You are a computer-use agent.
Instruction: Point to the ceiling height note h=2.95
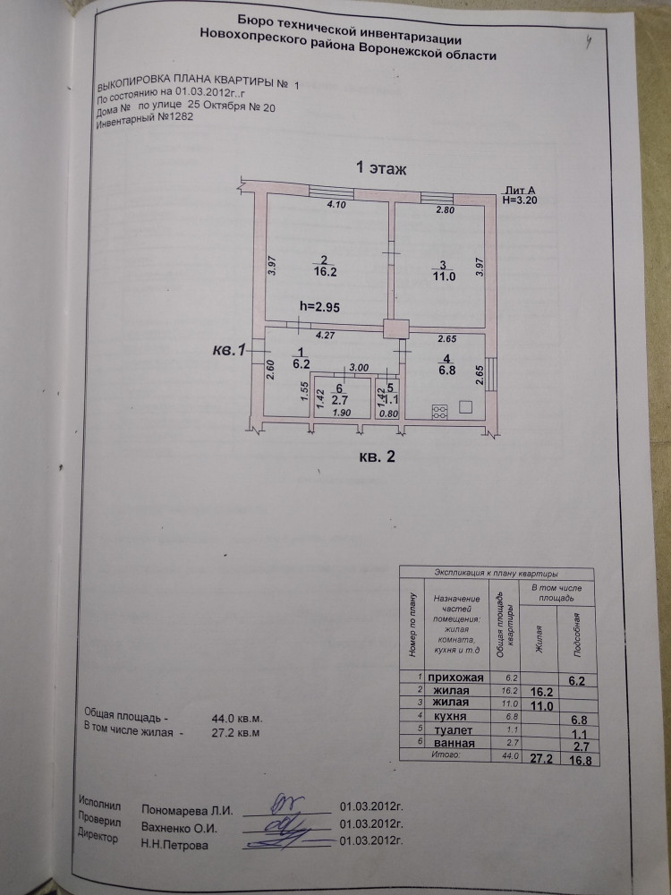pos(319,306)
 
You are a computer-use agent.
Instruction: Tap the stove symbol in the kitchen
pos(440,412)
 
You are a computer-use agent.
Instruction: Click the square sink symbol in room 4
pos(466,406)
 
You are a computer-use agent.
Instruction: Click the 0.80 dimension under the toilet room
pos(387,413)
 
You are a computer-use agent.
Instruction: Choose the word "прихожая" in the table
pos(456,678)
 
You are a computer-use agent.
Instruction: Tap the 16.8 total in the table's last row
pos(582,761)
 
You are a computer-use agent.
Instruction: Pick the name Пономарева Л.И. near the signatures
pos(187,809)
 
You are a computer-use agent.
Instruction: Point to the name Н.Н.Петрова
pos(175,843)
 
